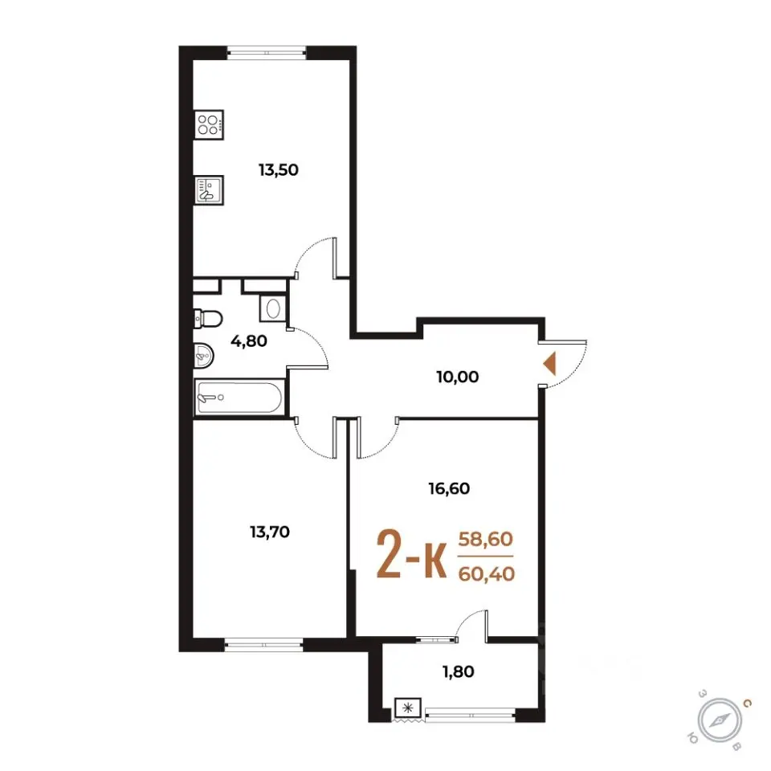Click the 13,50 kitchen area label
pos(279,170)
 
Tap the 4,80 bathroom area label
pos(249,341)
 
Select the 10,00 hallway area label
pos(457,377)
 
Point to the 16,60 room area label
pos(449,489)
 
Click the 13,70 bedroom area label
pos(270,532)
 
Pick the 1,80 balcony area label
pos(459,671)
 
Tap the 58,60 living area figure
pos(486,540)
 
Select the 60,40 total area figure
pos(487,573)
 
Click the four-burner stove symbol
pos(209,124)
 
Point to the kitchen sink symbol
pos(209,190)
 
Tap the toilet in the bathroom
pos(208,318)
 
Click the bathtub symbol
pos(239,398)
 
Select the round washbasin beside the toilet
pos(204,355)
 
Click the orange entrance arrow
pos(549,364)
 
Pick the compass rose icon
pos(720,721)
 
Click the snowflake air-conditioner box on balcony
pos(408,708)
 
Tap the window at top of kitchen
pos(267,53)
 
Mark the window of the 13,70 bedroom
pos(264,645)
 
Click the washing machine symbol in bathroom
pos(273,308)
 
